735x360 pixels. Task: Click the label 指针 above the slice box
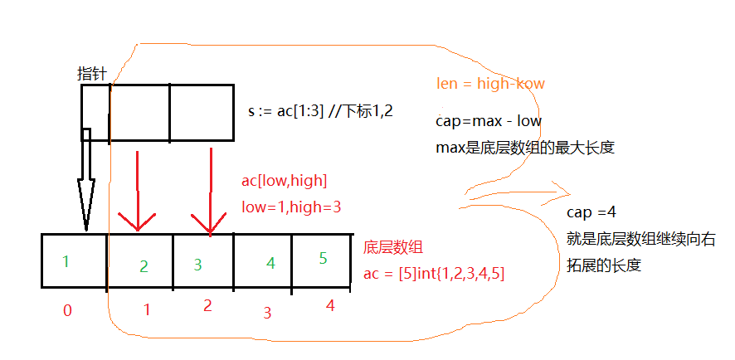tap(91, 75)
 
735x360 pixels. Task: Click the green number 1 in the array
tap(66, 261)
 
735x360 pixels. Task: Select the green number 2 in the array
tap(144, 266)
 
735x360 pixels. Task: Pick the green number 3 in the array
tap(197, 265)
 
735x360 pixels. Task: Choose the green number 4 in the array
tap(270, 264)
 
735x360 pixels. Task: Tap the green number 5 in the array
tap(323, 258)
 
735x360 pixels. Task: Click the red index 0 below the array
tap(67, 311)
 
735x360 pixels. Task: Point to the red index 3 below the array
tap(266, 313)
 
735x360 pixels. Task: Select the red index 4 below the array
tap(330, 306)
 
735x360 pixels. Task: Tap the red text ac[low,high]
tap(284, 181)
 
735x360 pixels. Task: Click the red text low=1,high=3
tap(291, 206)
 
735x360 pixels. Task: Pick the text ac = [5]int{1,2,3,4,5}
tap(435, 273)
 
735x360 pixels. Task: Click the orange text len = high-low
tap(489, 84)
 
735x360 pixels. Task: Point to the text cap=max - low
tap(489, 121)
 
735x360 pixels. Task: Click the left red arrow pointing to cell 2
tap(137, 192)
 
